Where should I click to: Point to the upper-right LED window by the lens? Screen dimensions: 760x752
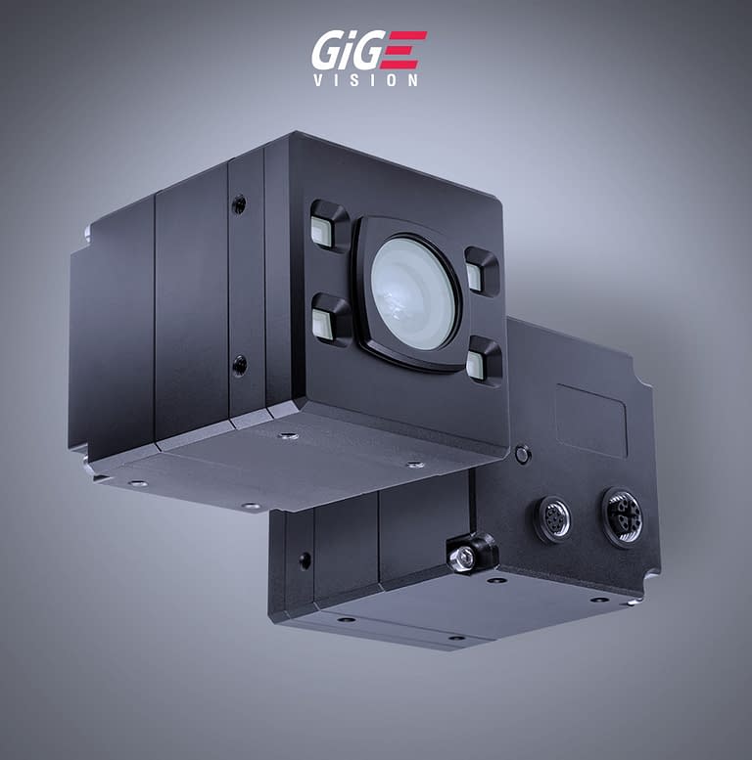point(475,276)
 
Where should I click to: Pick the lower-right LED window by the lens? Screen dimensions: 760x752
point(476,365)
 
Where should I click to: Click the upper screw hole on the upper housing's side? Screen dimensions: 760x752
point(239,204)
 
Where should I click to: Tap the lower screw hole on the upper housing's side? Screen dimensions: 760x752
point(239,366)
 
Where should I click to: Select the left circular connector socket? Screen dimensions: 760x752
point(553,519)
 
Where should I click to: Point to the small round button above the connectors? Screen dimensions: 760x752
point(523,454)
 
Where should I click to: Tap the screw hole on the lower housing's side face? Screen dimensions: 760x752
point(305,560)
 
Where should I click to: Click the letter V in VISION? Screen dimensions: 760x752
point(317,81)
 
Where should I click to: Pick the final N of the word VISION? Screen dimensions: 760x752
point(413,81)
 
